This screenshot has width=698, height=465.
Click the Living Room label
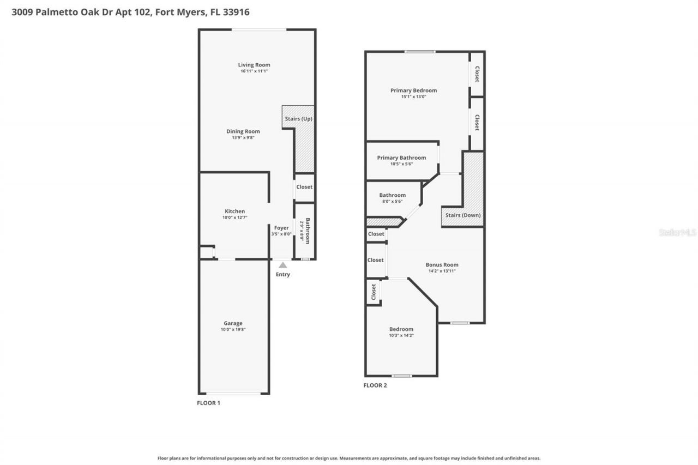[x=254, y=65]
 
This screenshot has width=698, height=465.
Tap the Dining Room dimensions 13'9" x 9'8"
[x=243, y=138]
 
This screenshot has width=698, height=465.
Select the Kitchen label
[x=235, y=212]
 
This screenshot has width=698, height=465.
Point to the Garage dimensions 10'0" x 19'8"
[x=233, y=330]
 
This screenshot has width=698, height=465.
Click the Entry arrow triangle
[x=282, y=265]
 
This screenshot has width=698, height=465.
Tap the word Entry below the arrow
[x=282, y=274]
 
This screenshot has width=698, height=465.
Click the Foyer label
[x=281, y=228]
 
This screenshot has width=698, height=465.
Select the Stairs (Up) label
[x=298, y=118]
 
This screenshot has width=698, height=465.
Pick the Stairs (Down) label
[x=463, y=215]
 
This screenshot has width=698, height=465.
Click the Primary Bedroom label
[x=413, y=90]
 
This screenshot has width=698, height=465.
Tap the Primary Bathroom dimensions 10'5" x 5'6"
[x=402, y=164]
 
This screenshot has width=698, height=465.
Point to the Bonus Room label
[x=442, y=265]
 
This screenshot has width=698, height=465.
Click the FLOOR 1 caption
[x=208, y=403]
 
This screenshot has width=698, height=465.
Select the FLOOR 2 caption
[x=375, y=385]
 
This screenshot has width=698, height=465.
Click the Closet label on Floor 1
[x=304, y=187]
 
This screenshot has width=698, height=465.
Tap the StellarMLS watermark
[x=677, y=232]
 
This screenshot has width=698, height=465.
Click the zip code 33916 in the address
[x=236, y=12]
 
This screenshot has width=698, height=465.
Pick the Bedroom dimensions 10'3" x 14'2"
[x=401, y=336]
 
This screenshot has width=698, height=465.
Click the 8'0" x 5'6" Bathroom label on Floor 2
[x=393, y=195]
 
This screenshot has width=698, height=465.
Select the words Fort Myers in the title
[x=176, y=12]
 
